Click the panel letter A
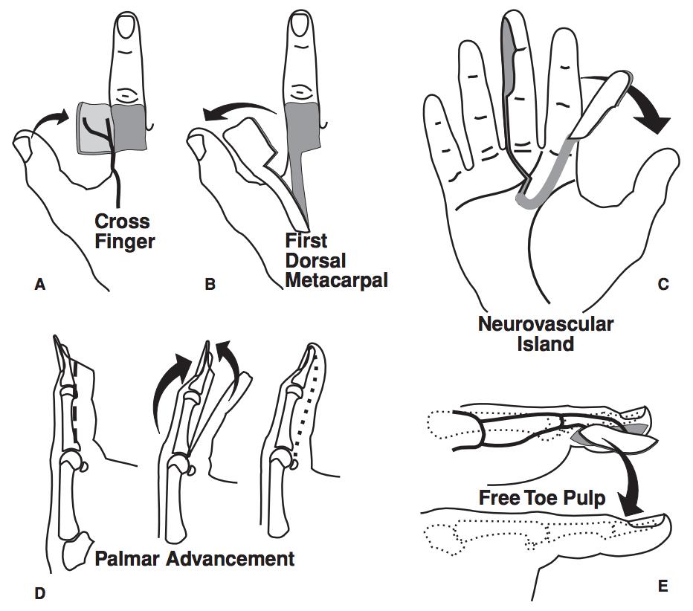(x=40, y=283)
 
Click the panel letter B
(x=210, y=283)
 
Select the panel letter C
(x=663, y=282)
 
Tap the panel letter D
(x=40, y=592)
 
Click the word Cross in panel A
(x=122, y=222)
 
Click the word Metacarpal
(x=337, y=281)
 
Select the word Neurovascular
(x=546, y=325)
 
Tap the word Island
(x=546, y=344)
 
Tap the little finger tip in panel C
(x=430, y=104)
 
